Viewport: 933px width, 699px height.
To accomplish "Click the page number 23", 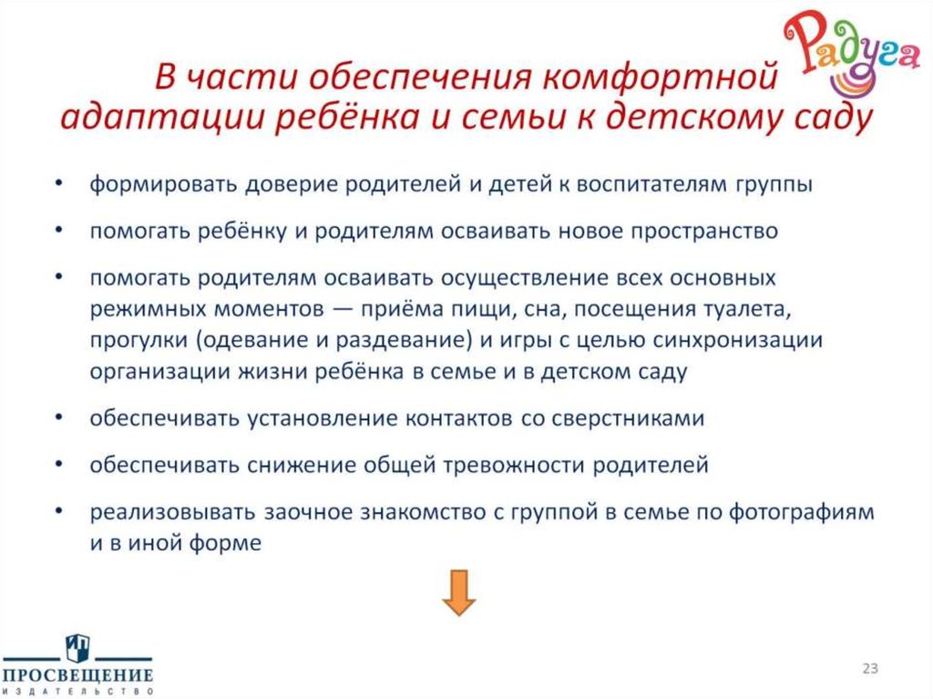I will pos(870,670).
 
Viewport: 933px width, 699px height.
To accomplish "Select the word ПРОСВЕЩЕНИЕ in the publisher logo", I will pos(77,676).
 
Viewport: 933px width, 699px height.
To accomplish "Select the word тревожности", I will pos(515,465).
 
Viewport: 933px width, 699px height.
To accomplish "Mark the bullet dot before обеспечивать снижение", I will pos(59,465).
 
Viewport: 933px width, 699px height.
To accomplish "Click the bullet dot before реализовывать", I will pos(59,512).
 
